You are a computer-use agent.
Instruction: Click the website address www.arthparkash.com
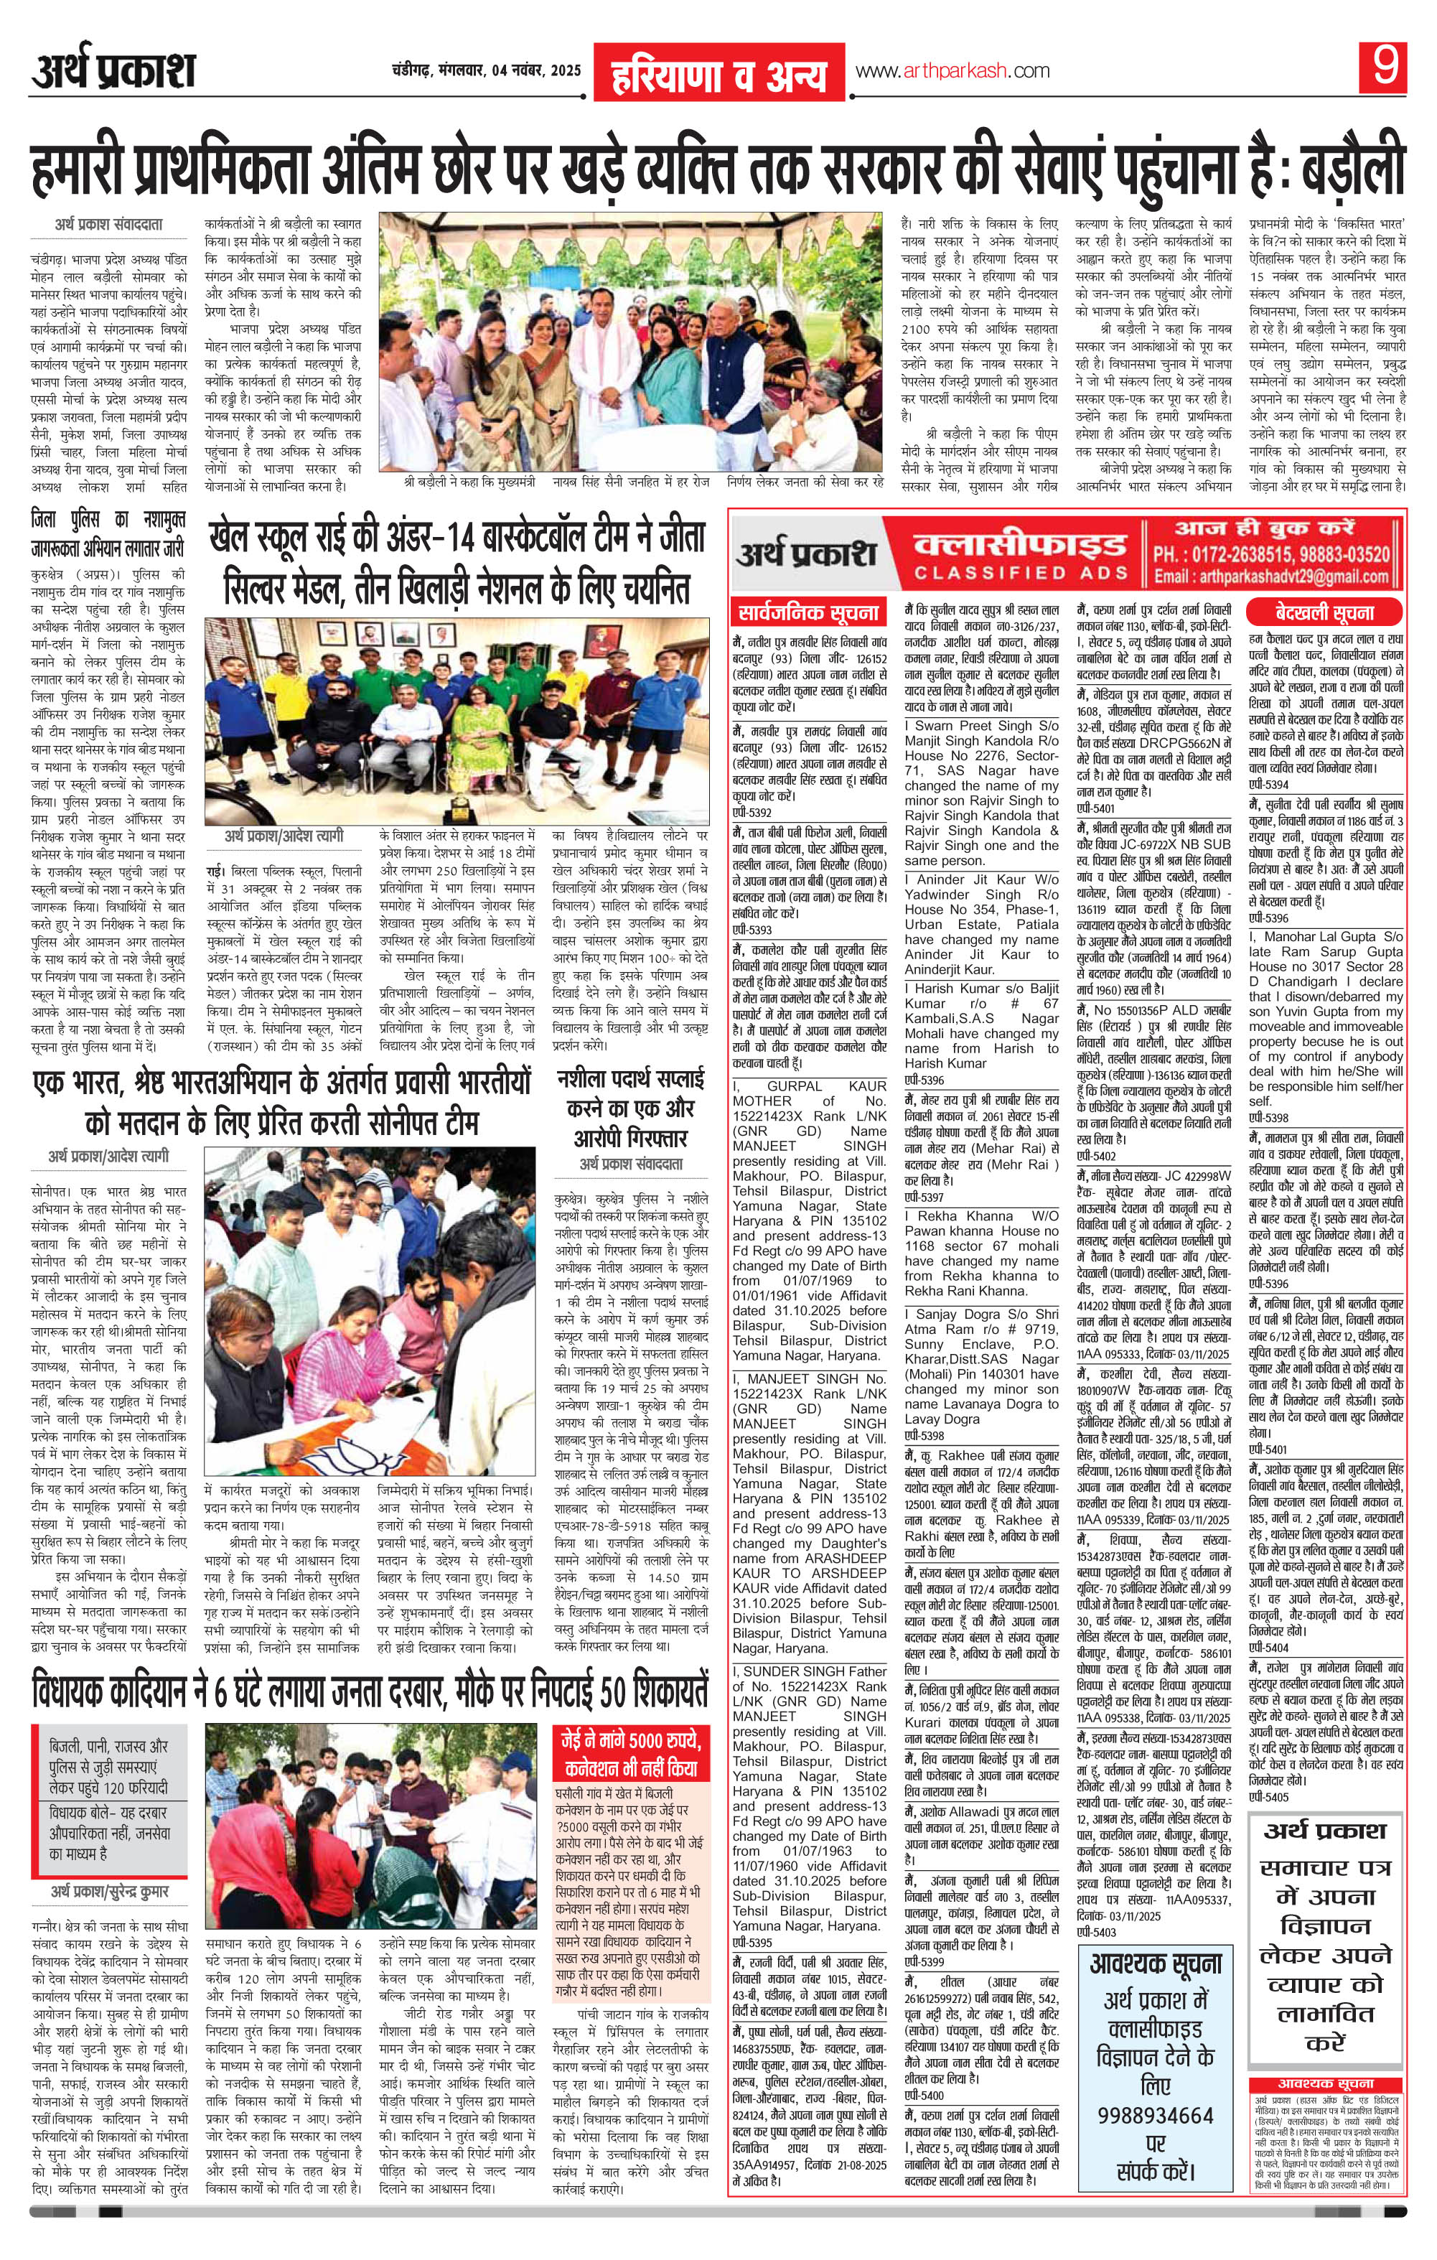[x=952, y=71]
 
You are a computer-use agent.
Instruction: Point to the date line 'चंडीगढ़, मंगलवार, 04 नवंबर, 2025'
[x=486, y=71]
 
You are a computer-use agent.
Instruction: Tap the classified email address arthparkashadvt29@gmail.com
[x=1273, y=578]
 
